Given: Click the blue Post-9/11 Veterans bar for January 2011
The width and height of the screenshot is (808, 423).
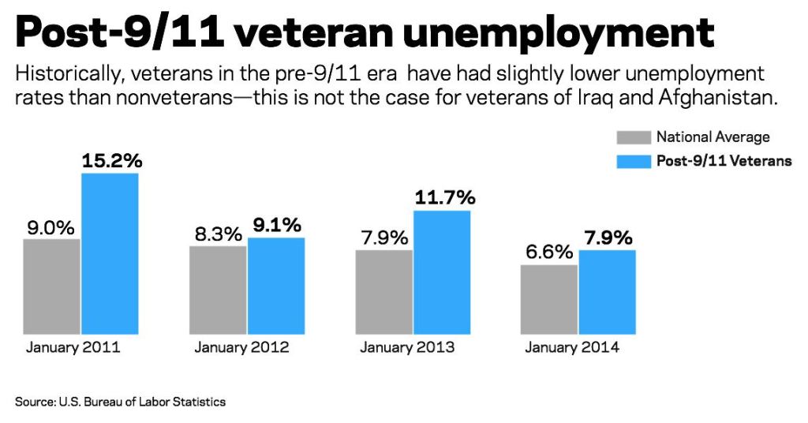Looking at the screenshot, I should click(x=110, y=253).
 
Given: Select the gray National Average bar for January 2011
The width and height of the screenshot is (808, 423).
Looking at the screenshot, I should click(x=52, y=286).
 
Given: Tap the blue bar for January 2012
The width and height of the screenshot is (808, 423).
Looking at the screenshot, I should click(x=276, y=285).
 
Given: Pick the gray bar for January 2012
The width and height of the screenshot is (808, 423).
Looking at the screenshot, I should click(x=218, y=290).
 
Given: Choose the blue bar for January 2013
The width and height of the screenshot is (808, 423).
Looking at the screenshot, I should click(x=442, y=271).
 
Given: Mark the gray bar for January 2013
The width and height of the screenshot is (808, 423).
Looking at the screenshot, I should click(x=383, y=291).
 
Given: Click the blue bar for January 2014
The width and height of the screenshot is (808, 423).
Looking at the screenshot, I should click(x=607, y=291).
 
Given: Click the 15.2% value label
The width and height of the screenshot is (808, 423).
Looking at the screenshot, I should click(x=111, y=161).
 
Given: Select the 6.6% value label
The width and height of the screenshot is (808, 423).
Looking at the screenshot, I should click(x=549, y=253).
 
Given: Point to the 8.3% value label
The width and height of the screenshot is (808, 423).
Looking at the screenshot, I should click(x=218, y=234).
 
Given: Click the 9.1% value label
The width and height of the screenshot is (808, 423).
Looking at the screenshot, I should click(x=276, y=226).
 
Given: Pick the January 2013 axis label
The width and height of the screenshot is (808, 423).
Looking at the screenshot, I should click(x=407, y=347).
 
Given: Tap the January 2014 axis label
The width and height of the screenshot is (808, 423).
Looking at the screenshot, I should click(x=572, y=347).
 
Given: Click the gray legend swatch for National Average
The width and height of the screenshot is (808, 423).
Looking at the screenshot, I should click(x=633, y=137).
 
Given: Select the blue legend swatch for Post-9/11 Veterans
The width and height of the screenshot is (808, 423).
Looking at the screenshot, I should click(x=633, y=161).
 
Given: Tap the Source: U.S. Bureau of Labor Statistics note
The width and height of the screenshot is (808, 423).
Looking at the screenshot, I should click(x=120, y=402).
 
